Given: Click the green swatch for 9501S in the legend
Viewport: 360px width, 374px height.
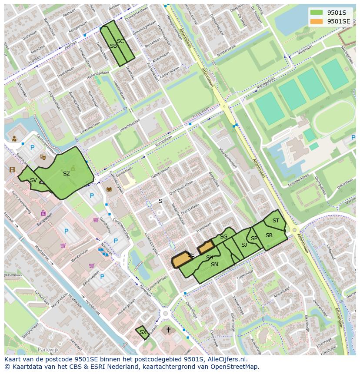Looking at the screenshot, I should [317, 12].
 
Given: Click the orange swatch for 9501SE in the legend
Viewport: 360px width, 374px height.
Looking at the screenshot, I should [317, 21].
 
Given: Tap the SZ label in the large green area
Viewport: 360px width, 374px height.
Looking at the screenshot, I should [66, 174].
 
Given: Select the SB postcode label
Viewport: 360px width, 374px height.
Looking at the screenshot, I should [113, 46].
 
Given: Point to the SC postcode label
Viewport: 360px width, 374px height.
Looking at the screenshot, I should [120, 41].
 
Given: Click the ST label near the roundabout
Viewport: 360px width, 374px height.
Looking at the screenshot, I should [276, 221].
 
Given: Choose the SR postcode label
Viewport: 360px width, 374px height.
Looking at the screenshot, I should [269, 235].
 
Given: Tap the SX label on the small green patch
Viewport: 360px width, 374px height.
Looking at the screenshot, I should [142, 332].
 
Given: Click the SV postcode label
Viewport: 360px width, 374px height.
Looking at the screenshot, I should [33, 180].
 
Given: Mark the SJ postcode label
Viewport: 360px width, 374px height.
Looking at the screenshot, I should [244, 245].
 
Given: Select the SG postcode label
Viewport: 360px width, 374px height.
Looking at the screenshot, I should [223, 237].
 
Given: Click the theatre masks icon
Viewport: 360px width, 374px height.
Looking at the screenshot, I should [43, 157].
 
